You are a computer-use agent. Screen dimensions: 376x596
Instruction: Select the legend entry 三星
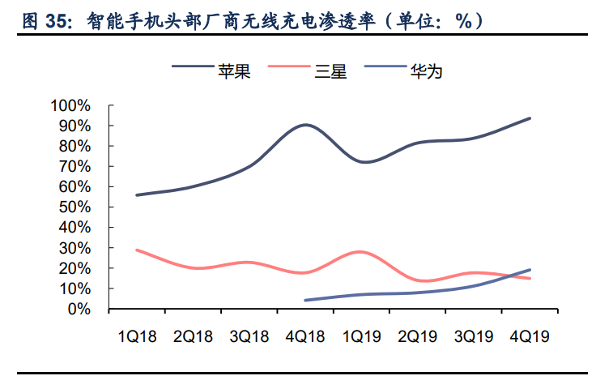[x=331, y=72]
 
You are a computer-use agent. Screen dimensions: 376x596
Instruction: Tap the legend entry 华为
[x=428, y=72]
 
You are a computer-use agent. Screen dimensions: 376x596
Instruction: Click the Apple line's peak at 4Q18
[x=305, y=125]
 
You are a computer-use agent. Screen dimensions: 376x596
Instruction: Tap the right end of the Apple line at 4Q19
[x=530, y=118]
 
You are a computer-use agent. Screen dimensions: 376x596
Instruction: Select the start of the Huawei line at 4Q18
[x=305, y=300]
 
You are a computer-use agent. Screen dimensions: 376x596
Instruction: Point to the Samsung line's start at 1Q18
[x=137, y=250]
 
